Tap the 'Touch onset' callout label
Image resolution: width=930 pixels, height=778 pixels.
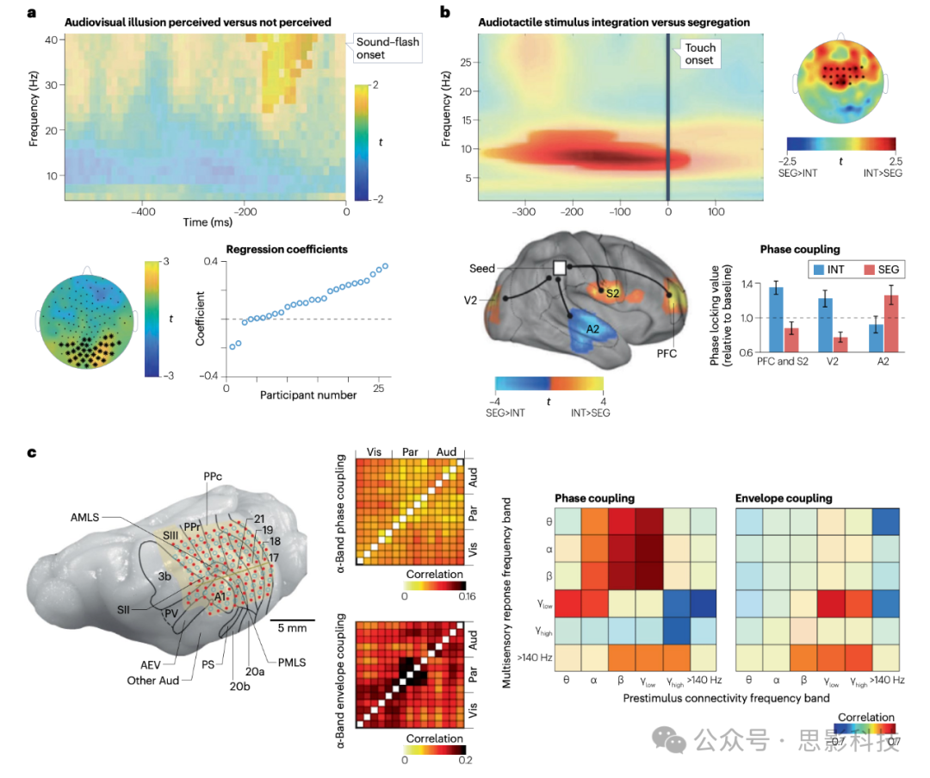click(x=699, y=53)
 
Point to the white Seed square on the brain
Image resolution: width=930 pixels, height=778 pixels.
click(x=559, y=268)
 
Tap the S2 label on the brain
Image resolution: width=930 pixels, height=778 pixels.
click(x=613, y=293)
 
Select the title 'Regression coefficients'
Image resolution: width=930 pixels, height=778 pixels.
click(x=287, y=250)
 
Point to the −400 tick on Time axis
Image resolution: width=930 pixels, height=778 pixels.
click(x=143, y=210)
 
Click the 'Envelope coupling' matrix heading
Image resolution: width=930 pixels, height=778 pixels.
click(x=783, y=498)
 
